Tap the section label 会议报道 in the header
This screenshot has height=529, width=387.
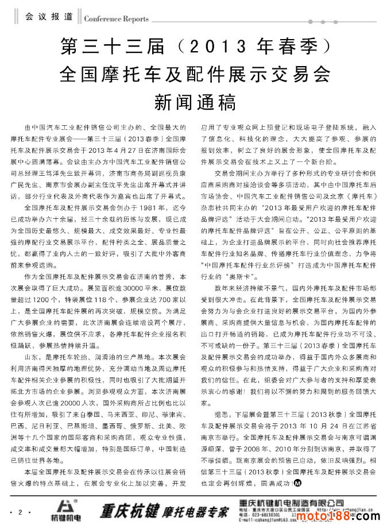[49, 17]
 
